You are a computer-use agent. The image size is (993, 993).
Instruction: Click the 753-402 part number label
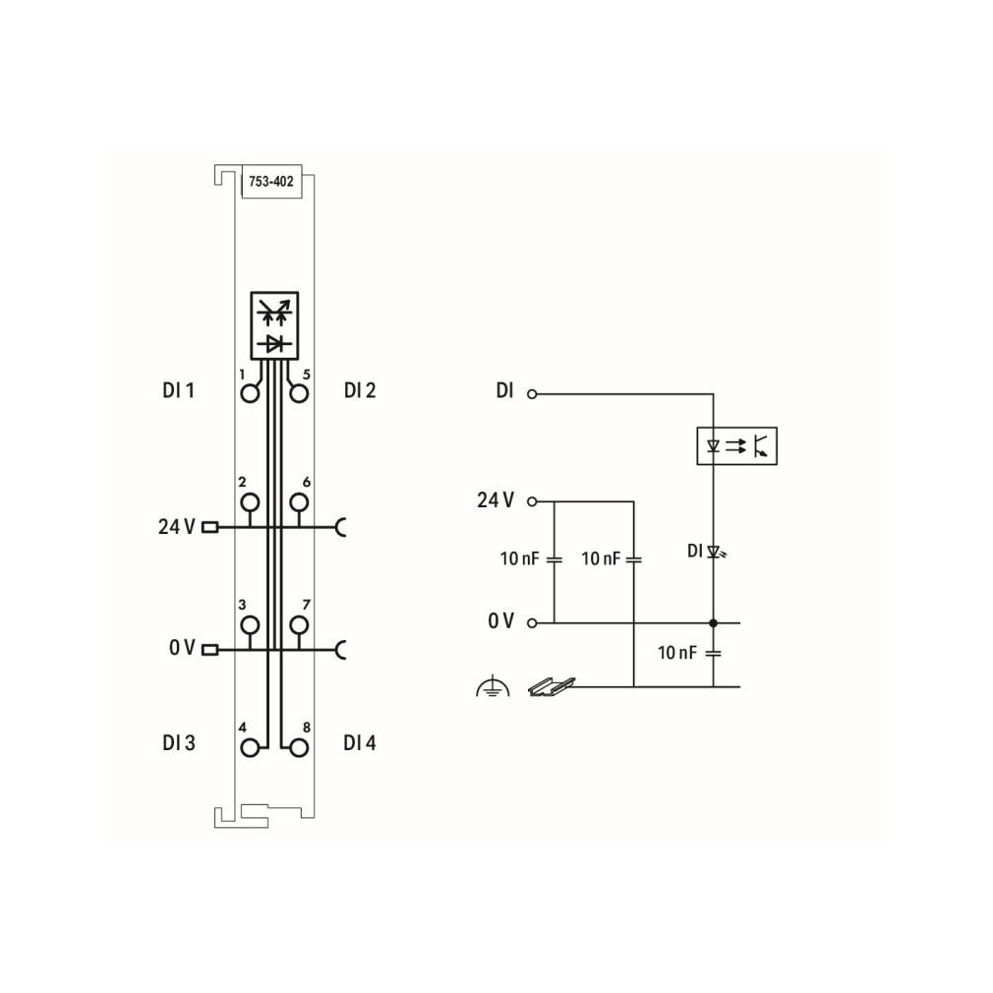click(271, 182)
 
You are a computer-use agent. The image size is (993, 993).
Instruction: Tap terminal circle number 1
click(250, 394)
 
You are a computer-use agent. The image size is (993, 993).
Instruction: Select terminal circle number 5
click(299, 394)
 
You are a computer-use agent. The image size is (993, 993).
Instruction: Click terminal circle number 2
click(250, 502)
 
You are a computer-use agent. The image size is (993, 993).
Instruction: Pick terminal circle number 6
click(299, 502)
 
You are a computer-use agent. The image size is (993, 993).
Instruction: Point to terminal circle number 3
click(250, 625)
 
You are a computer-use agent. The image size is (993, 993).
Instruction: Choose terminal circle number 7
click(299, 625)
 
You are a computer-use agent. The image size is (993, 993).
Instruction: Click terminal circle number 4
click(250, 748)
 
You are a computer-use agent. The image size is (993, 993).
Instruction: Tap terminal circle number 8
click(299, 748)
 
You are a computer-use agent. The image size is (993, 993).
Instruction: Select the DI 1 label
click(179, 390)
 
